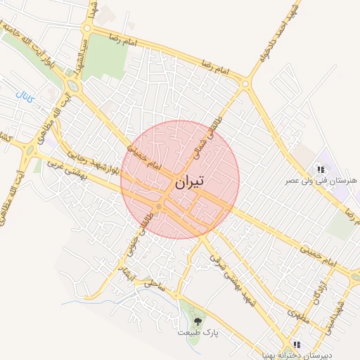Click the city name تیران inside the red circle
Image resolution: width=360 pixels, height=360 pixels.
188,181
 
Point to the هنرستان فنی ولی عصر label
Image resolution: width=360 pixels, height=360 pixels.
320,181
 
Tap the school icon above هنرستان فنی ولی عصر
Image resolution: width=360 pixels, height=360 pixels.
321,169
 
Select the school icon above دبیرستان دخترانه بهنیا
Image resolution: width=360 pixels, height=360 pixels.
297,345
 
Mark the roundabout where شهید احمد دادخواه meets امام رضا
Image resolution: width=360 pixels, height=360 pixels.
245,84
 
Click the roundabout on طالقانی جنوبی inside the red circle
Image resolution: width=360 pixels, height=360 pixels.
161,206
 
